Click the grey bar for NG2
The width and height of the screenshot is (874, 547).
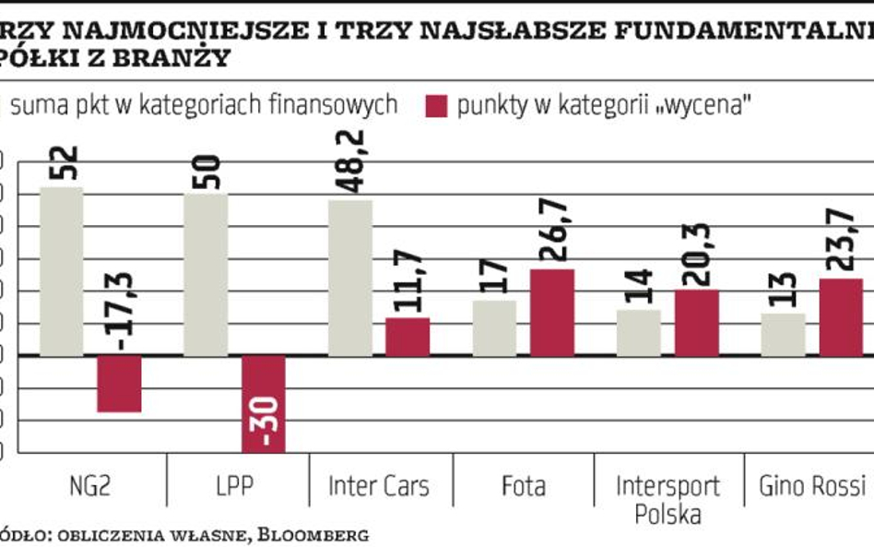[x=61, y=271]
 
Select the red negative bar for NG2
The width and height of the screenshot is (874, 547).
[x=119, y=384]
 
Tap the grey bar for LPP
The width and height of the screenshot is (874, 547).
[x=206, y=274]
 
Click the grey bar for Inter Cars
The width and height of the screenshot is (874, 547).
[x=350, y=277]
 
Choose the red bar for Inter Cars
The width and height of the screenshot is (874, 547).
[x=407, y=337]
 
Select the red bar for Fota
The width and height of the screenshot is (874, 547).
[x=552, y=312]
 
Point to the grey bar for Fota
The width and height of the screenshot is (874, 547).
[x=495, y=327]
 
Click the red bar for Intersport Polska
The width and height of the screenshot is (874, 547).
[x=697, y=322]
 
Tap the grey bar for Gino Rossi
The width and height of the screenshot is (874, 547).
[x=783, y=334]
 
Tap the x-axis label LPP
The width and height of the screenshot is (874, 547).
[x=235, y=486]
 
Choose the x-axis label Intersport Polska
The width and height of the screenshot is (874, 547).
[x=667, y=499]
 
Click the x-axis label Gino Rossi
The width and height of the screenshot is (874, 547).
[x=811, y=486]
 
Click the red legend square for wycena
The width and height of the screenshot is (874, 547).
[x=434, y=105]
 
